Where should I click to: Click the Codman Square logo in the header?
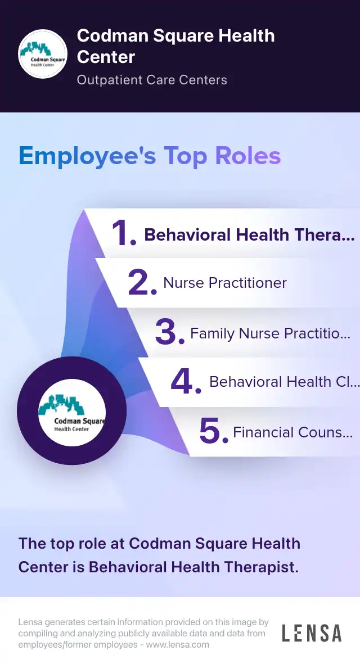(42, 54)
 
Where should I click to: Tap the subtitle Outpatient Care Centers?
(152, 80)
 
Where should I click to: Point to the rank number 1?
(124, 233)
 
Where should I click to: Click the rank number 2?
(142, 283)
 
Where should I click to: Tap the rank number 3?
(169, 333)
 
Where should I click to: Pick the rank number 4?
(186, 381)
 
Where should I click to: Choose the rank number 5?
(214, 431)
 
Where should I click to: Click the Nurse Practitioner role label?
(225, 283)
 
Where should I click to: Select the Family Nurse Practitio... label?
(271, 333)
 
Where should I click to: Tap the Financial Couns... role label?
(293, 432)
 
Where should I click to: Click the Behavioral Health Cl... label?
(285, 382)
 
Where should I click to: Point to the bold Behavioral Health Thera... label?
(249, 234)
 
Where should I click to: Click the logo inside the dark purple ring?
(72, 413)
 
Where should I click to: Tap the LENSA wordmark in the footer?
(312, 632)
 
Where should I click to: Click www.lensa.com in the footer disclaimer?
(178, 644)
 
